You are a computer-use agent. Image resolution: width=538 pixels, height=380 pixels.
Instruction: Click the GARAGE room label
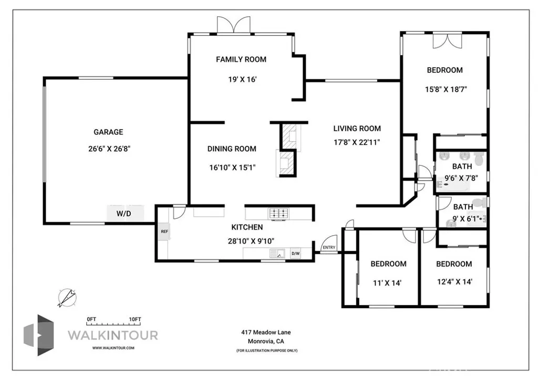coord(108,132)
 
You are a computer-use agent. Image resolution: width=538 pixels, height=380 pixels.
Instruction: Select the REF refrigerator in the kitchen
coord(164,231)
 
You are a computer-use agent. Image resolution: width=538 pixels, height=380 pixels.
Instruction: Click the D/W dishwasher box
coord(295,254)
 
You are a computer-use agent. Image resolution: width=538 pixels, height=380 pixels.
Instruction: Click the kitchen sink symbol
coord(276,254)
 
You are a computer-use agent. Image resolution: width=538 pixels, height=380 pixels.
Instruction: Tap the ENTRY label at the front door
coord(329,248)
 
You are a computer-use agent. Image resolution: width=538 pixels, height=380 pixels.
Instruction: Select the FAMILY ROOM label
coord(241,59)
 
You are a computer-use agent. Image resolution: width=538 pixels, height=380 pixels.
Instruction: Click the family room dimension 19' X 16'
coord(241,80)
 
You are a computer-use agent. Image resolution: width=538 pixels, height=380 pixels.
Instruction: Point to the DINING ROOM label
coord(232,149)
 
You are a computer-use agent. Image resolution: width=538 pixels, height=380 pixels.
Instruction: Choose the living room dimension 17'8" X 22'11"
coord(357,142)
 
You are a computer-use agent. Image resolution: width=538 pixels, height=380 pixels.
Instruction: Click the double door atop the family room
coord(234,25)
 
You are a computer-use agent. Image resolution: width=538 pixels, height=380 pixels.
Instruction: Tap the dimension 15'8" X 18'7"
coord(446,89)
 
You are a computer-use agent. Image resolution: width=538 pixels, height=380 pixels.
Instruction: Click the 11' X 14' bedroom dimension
coord(388,282)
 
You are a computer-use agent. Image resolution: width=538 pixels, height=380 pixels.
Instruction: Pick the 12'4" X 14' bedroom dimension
coord(454,282)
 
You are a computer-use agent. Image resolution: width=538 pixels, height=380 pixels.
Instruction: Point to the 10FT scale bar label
coord(135,319)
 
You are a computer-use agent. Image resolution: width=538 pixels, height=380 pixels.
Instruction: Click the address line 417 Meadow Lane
coord(266,332)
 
